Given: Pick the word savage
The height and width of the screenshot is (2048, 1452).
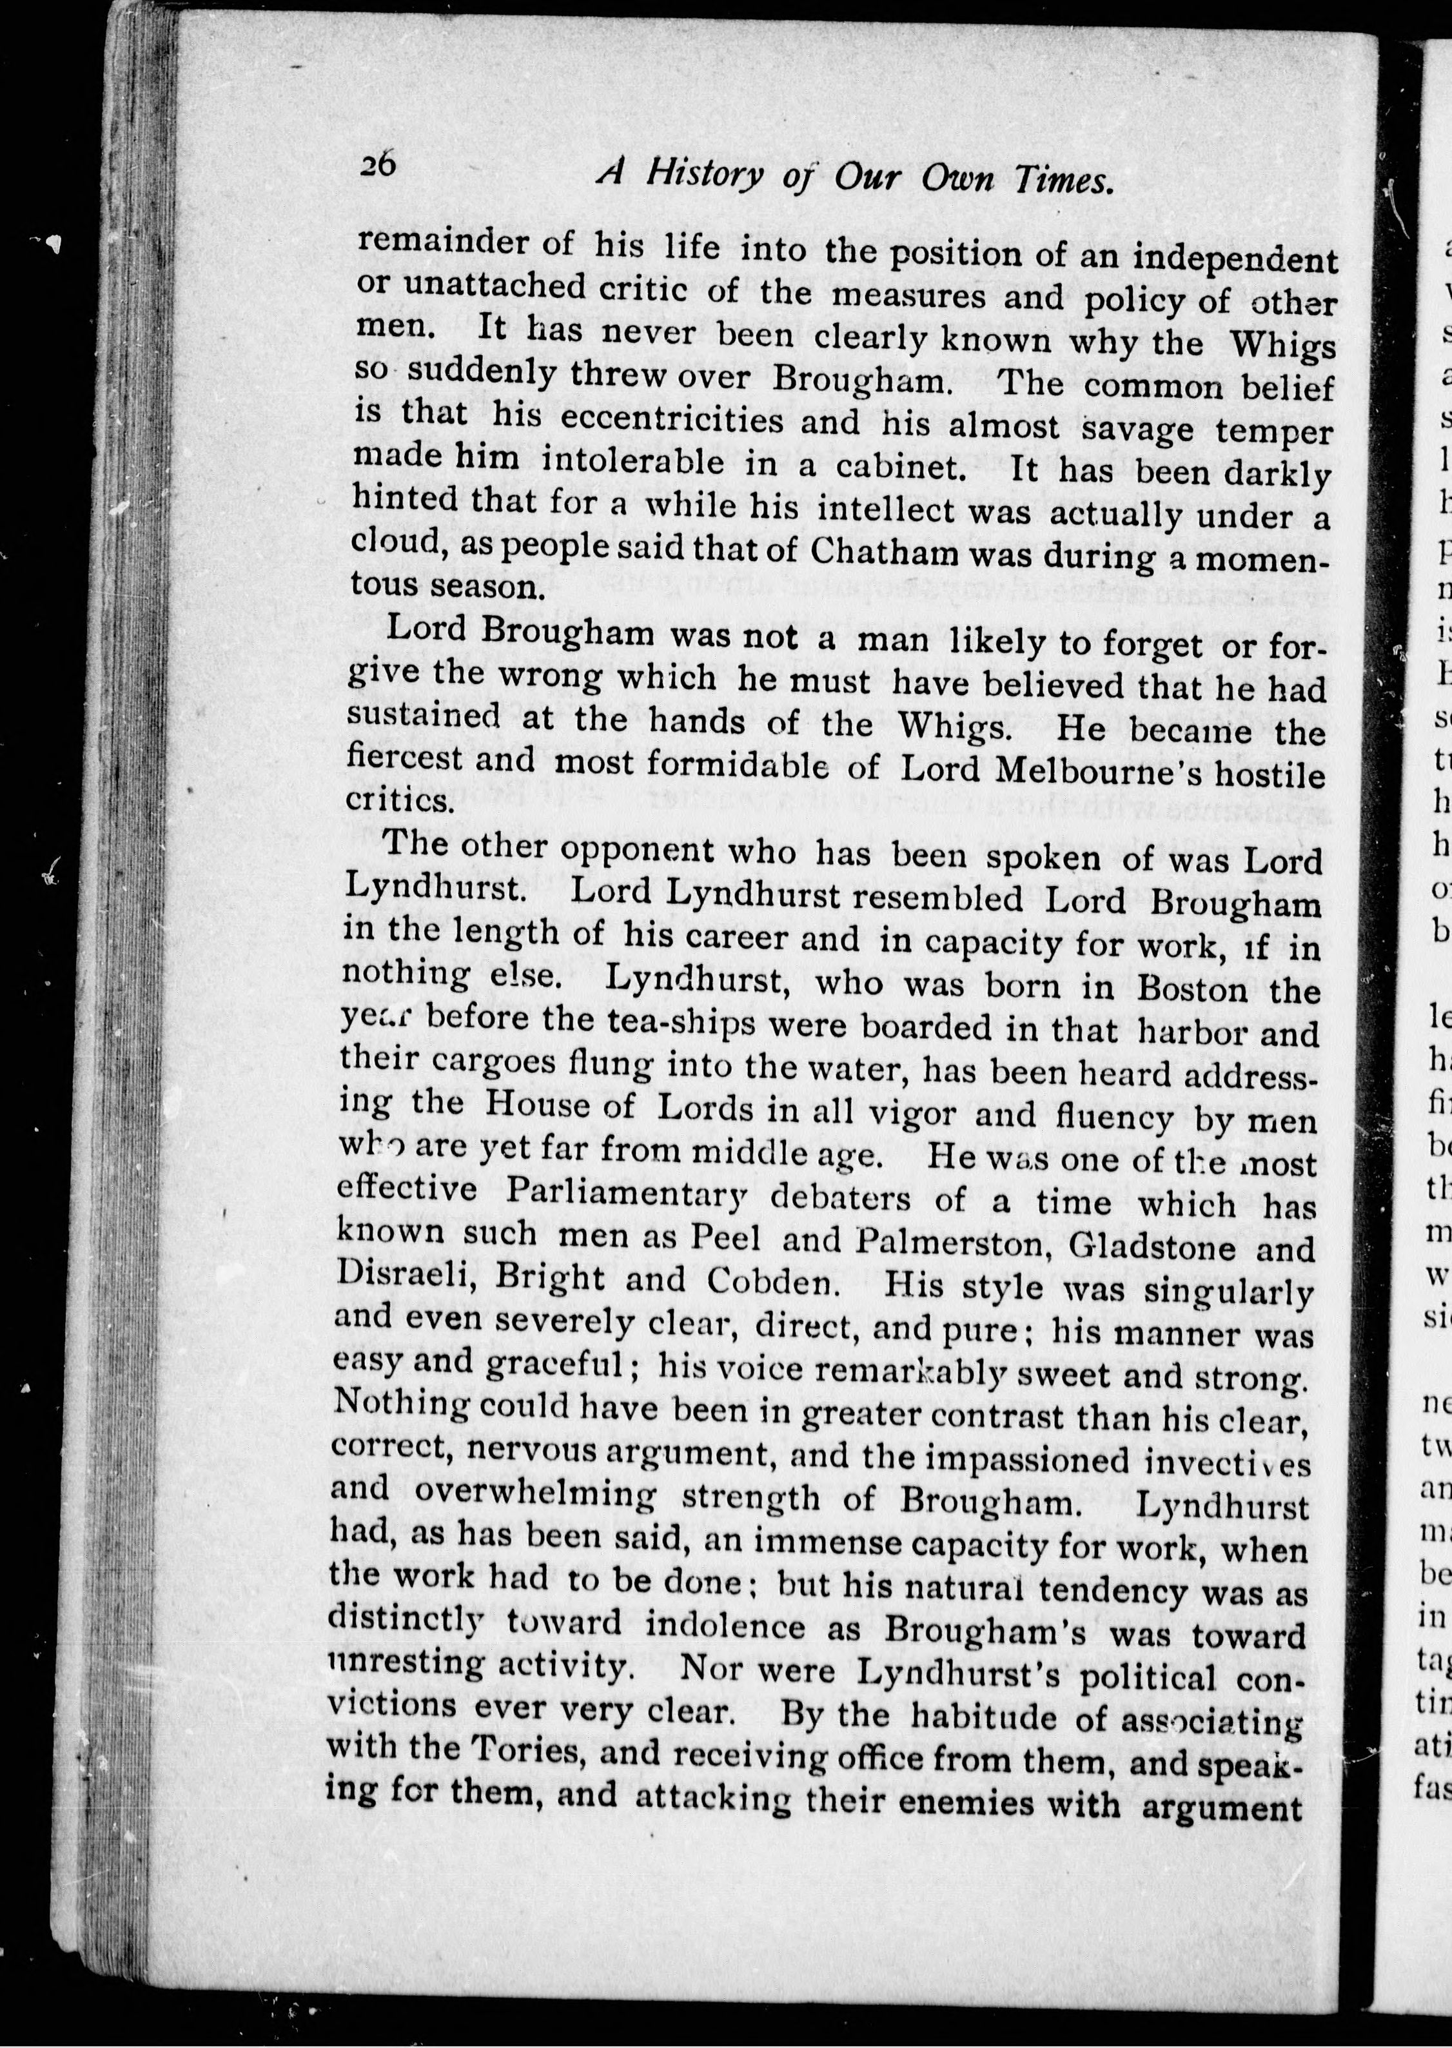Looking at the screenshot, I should point(1136,429).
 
